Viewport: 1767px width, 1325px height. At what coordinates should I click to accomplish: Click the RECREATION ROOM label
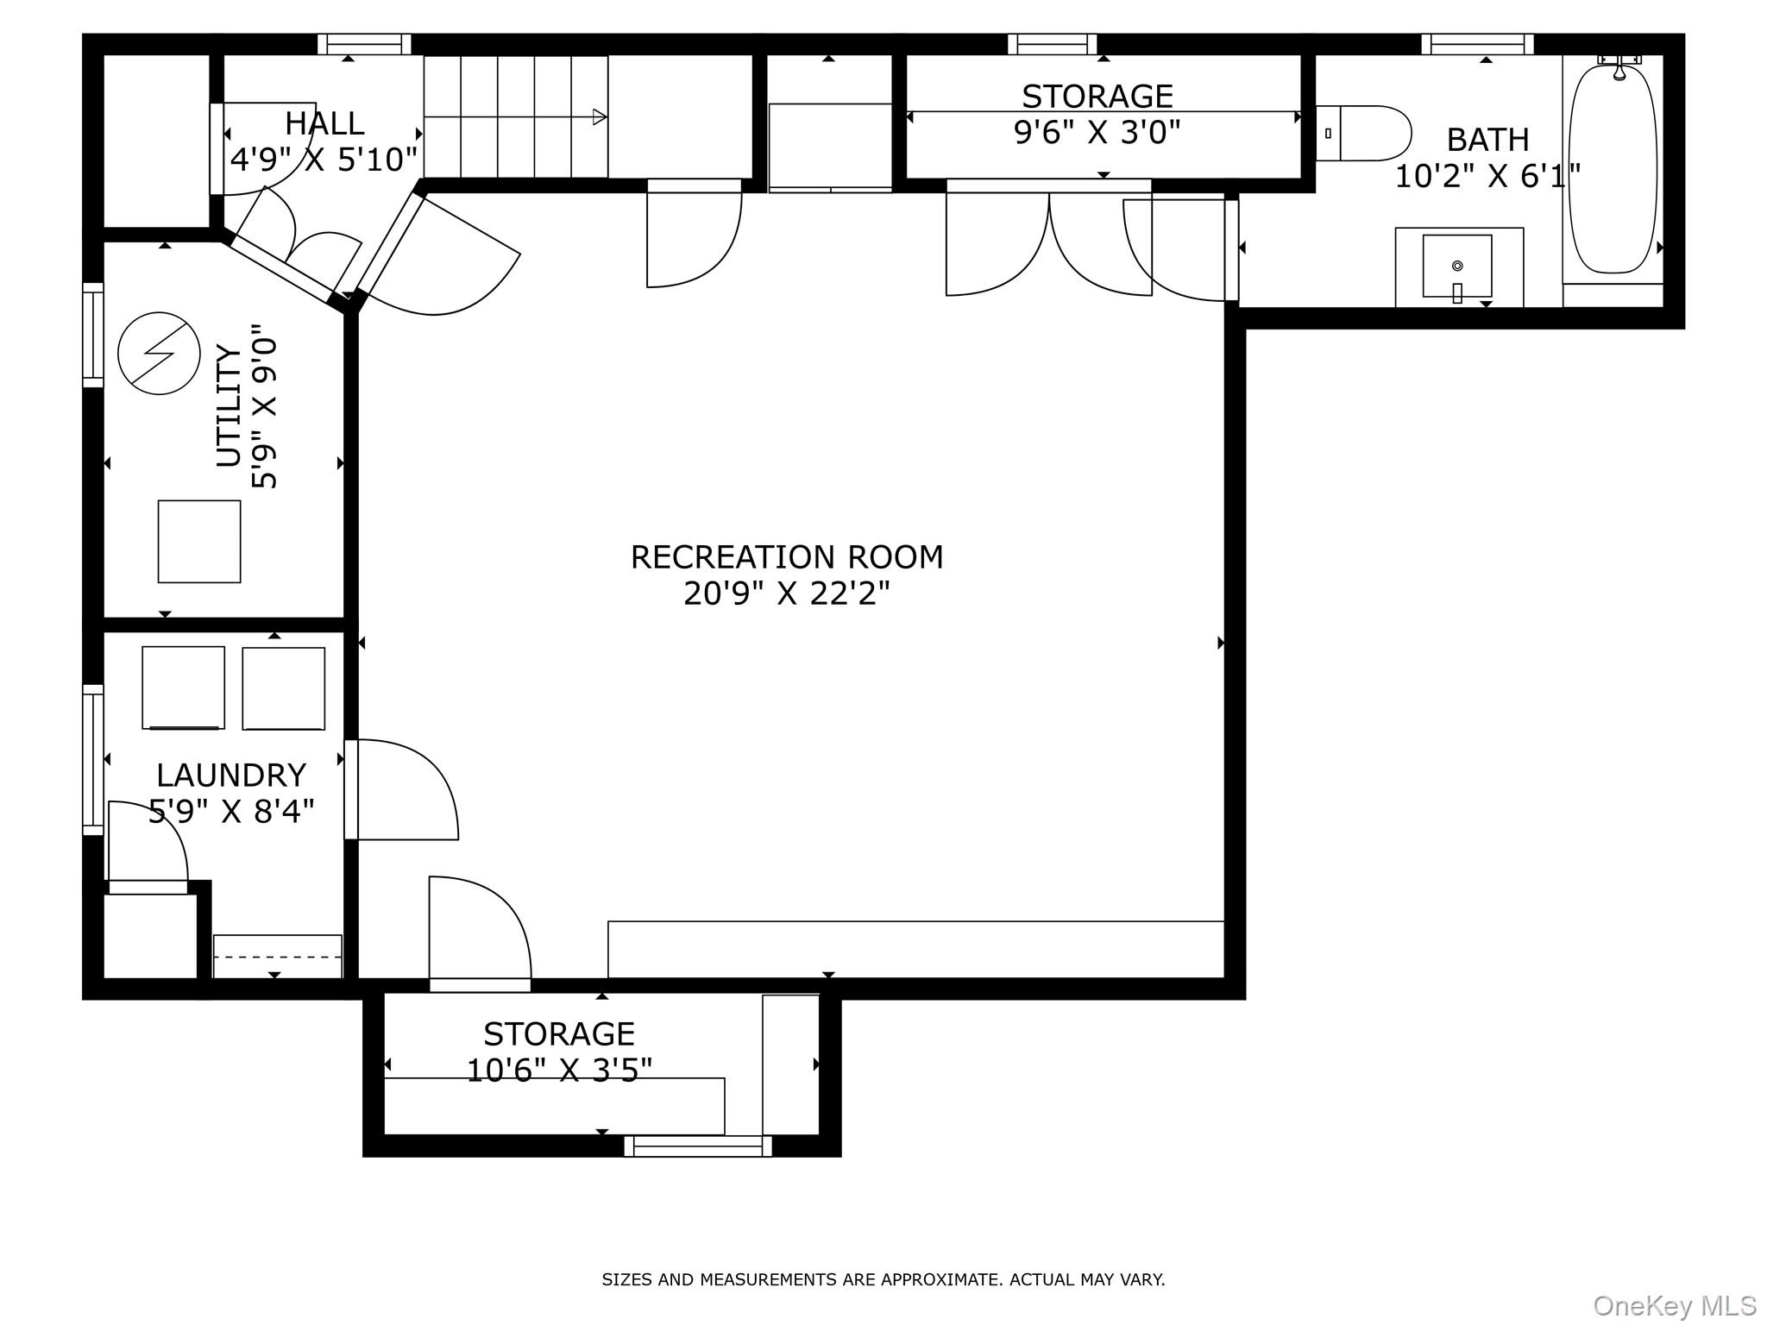click(787, 557)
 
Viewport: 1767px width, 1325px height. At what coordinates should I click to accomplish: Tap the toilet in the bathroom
click(1363, 133)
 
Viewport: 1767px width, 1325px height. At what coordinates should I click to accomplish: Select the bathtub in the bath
click(1613, 170)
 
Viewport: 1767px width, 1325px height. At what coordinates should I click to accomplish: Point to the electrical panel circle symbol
click(160, 354)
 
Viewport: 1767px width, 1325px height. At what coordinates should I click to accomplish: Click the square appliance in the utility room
click(199, 542)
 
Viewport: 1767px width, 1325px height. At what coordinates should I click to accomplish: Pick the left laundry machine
click(183, 688)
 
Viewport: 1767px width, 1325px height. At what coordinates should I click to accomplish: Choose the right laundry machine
click(284, 688)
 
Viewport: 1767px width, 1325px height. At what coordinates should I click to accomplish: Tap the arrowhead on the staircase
click(600, 117)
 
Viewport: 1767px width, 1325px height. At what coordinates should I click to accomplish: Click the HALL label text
click(324, 123)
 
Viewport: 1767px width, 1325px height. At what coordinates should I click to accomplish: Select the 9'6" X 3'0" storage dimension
click(1097, 133)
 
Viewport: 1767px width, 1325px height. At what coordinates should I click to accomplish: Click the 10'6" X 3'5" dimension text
click(559, 1071)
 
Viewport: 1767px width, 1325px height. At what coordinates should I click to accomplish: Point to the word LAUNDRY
click(231, 775)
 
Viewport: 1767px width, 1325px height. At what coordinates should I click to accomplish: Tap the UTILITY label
click(229, 405)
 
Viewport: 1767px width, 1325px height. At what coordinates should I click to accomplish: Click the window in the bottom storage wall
click(698, 1146)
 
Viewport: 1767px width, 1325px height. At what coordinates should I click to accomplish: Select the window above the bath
click(1478, 44)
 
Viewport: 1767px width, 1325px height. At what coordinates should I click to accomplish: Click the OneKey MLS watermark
click(1675, 1305)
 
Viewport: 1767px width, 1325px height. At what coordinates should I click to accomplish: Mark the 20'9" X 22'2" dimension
click(787, 593)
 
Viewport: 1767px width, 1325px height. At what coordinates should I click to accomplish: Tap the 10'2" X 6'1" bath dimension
click(1487, 177)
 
